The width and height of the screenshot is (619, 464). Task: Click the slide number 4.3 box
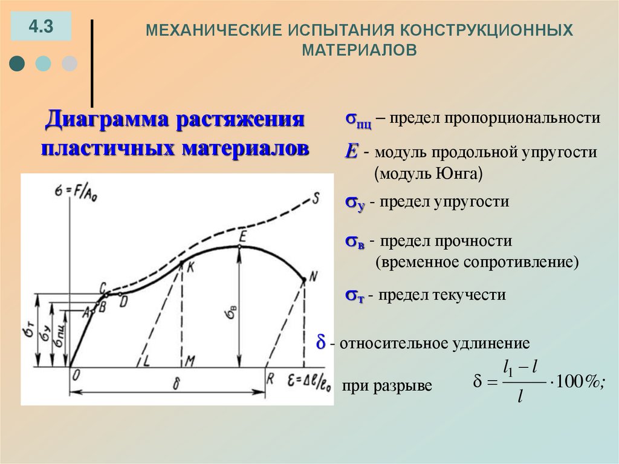click(x=41, y=27)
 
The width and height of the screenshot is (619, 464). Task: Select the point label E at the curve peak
click(x=243, y=235)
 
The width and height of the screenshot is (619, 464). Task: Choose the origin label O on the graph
click(x=76, y=375)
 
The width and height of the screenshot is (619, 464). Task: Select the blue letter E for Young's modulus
click(x=351, y=152)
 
